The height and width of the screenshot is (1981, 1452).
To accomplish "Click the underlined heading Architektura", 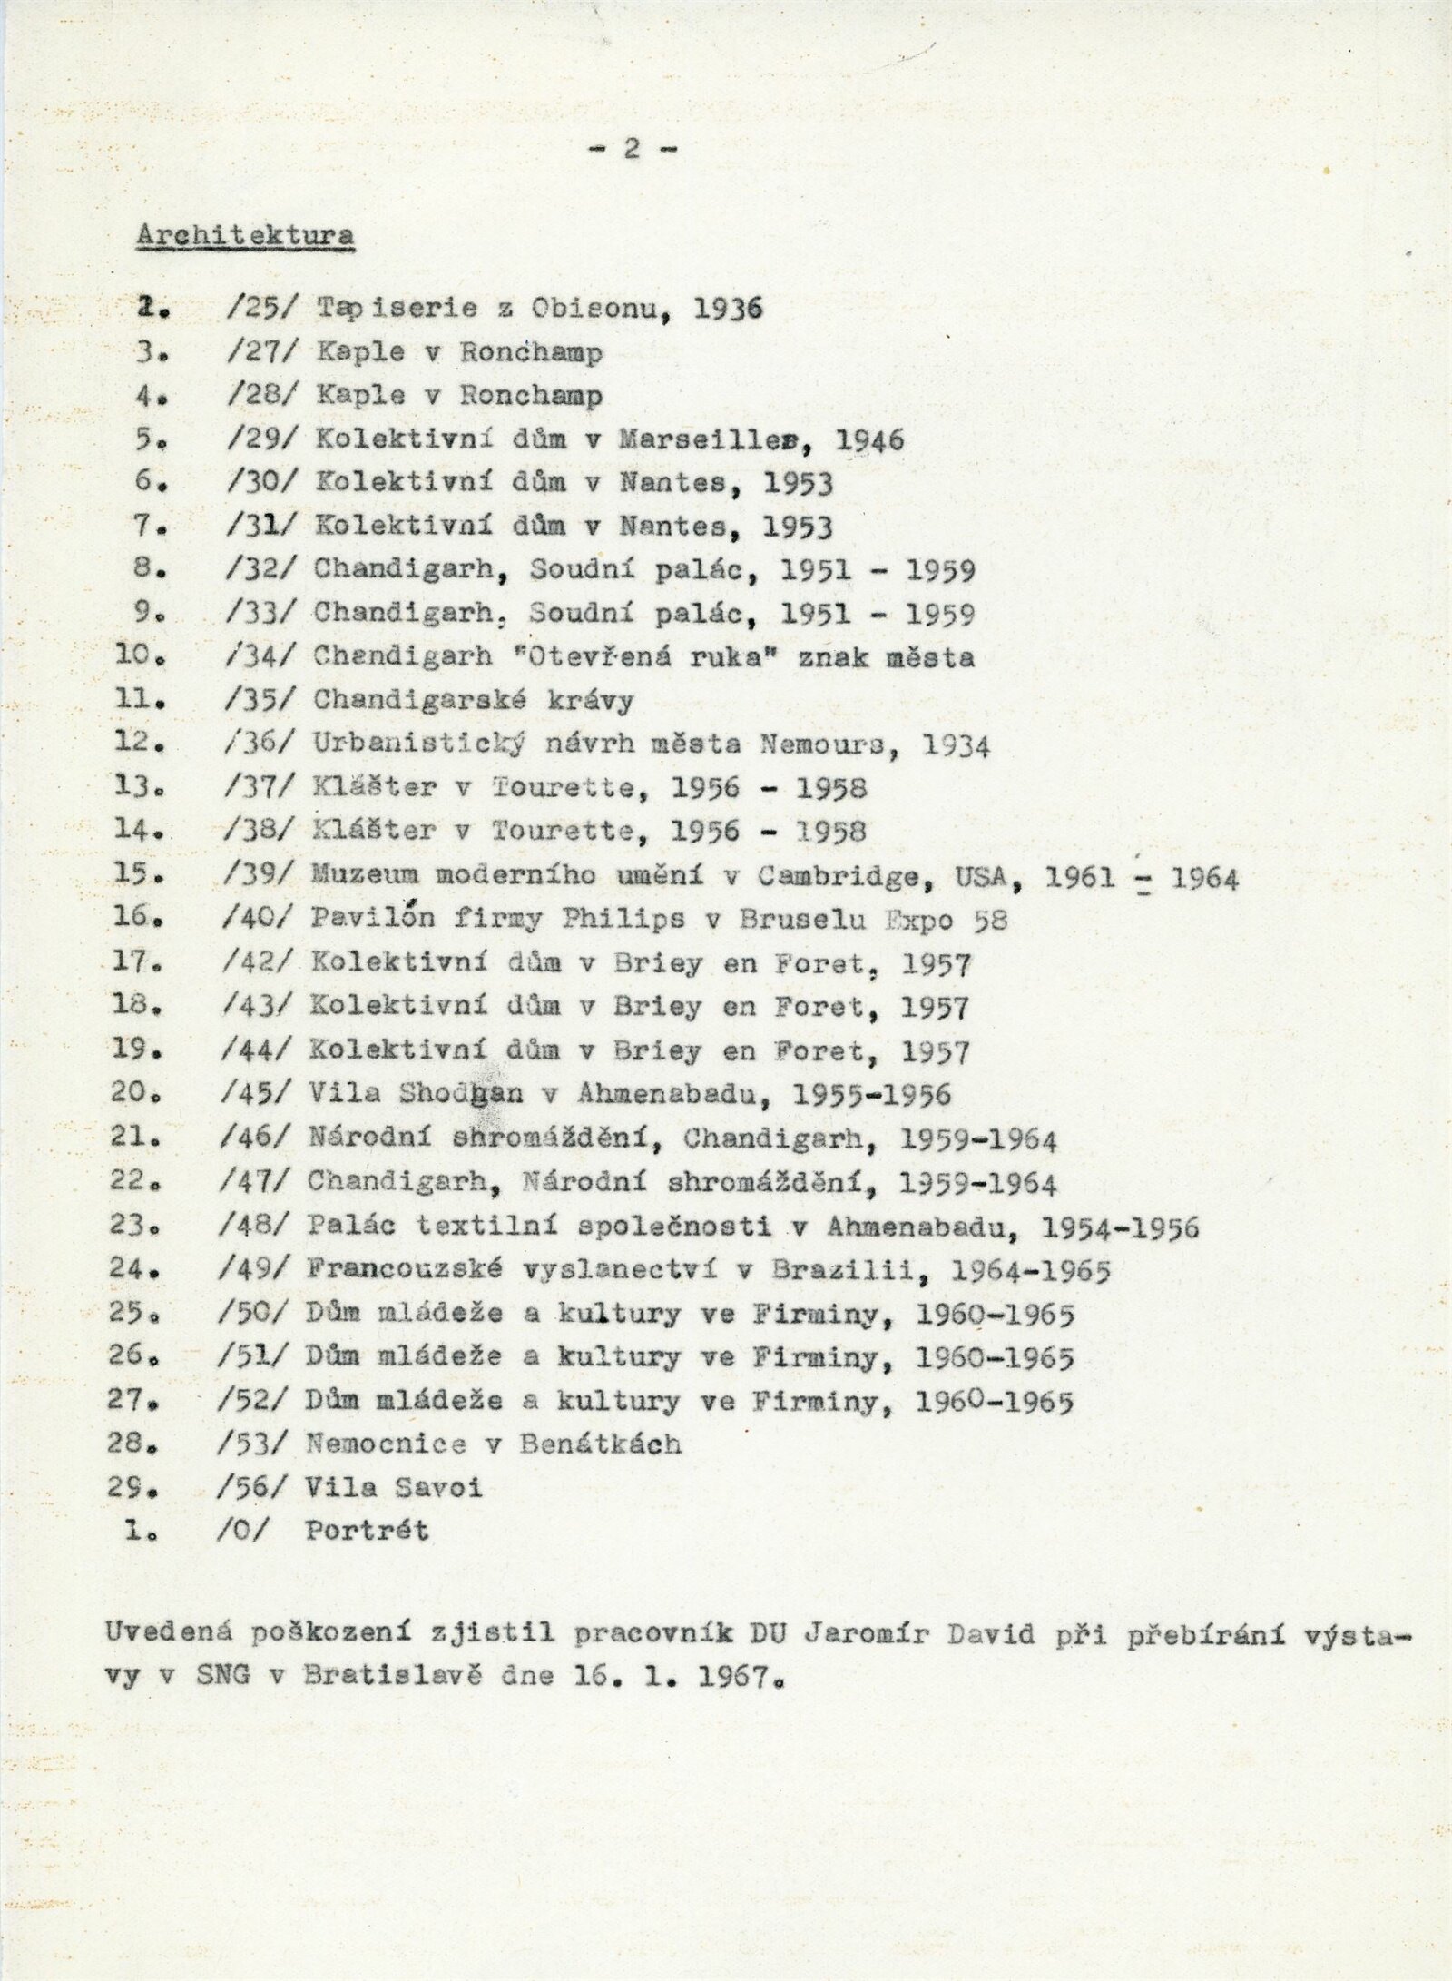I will coord(245,235).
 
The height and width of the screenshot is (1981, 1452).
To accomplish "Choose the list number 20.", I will coord(137,1094).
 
